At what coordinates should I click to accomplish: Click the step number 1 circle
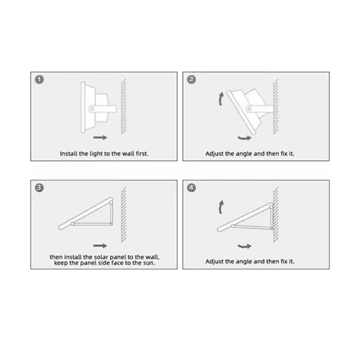(x=39, y=80)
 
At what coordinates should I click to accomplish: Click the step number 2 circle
(x=191, y=80)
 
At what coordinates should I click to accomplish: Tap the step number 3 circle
(x=39, y=188)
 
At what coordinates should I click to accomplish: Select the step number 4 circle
(x=191, y=188)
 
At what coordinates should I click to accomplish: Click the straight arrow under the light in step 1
(x=100, y=137)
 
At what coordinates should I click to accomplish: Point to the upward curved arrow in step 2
(x=220, y=99)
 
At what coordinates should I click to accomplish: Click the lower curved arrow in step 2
(x=245, y=138)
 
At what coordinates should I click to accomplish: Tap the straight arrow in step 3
(x=100, y=246)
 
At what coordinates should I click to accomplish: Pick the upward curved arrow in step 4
(x=220, y=207)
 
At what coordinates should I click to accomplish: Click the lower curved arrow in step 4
(x=245, y=246)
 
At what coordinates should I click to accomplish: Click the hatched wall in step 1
(x=124, y=106)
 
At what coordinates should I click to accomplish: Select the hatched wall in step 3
(x=124, y=215)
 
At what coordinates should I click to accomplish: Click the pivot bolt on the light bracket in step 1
(x=92, y=109)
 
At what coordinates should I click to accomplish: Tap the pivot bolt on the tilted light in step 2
(x=249, y=109)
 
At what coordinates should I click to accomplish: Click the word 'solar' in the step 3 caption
(x=101, y=257)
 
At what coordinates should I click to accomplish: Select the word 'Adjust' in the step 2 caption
(x=214, y=154)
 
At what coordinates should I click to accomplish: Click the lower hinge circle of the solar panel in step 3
(x=73, y=224)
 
